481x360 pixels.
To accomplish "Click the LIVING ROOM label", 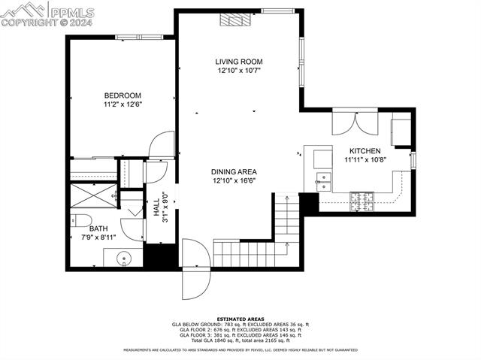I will pos(239,62).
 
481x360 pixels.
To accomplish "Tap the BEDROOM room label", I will pos(123,95).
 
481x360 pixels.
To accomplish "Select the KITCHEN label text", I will pos(363,151).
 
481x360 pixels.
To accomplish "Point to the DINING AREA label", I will pos(233,172).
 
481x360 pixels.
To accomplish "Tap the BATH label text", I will pos(98,228).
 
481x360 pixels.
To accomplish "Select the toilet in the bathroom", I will pos(77,220).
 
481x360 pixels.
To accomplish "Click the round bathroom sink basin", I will pos(125,259).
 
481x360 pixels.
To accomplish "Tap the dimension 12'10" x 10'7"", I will pos(239,71).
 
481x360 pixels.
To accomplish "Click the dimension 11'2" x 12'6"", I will pos(123,104).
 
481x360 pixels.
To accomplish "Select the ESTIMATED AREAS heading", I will pos(240,319).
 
